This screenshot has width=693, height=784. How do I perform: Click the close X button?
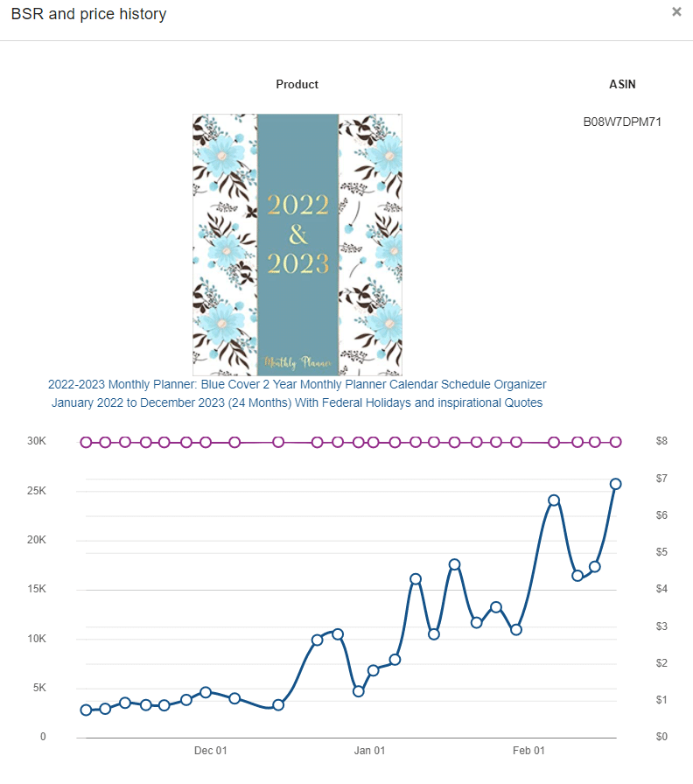click(676, 11)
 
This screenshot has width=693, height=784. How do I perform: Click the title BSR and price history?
click(88, 14)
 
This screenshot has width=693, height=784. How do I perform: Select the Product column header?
click(297, 84)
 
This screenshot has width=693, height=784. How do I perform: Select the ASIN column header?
click(622, 84)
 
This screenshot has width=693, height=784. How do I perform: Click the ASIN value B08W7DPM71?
click(622, 122)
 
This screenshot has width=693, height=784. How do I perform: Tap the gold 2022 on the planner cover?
click(298, 205)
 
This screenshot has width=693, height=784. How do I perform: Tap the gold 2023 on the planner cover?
click(298, 263)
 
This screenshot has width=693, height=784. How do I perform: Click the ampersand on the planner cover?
click(298, 234)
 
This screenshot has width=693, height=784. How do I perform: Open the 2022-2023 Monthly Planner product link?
click(297, 394)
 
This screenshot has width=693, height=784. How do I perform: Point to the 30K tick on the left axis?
click(37, 441)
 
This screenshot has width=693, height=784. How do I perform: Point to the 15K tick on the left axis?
click(37, 589)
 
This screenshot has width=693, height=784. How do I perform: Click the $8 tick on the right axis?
click(661, 441)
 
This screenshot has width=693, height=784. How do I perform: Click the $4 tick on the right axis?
click(661, 589)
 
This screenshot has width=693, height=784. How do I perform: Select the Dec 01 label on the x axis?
click(211, 751)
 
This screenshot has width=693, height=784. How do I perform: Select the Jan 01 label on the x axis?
click(369, 751)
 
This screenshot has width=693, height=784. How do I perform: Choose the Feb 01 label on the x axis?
click(528, 751)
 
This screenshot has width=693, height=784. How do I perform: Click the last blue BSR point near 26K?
click(615, 484)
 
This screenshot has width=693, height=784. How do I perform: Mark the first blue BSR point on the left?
click(86, 710)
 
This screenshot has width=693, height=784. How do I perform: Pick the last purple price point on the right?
click(616, 442)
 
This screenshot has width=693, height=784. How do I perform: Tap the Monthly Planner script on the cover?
click(298, 362)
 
